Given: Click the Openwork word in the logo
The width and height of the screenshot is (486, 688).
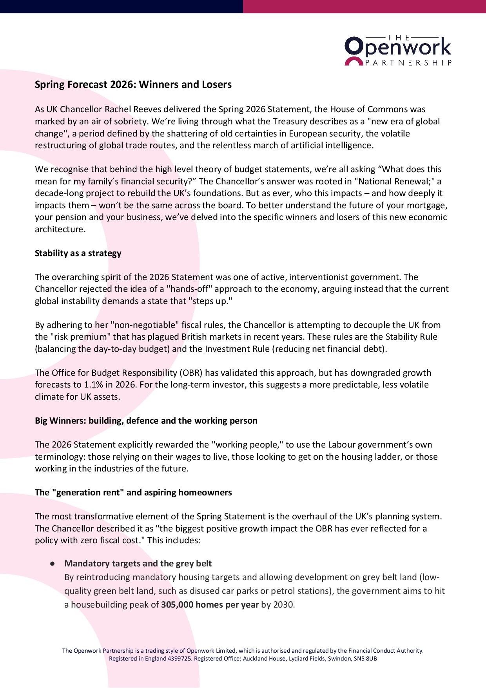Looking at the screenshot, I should coord(398,47).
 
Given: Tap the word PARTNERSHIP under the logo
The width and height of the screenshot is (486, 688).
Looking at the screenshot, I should coord(408,63).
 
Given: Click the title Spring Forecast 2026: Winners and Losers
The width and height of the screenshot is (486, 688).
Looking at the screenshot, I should coord(133,85).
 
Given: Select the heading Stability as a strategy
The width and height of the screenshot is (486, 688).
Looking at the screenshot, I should coord(78,253).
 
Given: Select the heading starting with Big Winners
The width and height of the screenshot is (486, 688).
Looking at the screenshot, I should coord(146,420).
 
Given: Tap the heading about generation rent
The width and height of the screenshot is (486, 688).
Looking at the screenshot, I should coord(133,492).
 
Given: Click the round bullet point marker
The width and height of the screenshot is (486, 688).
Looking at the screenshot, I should coord(52,564).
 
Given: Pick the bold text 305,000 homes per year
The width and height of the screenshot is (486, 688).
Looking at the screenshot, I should coord(210,604).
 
